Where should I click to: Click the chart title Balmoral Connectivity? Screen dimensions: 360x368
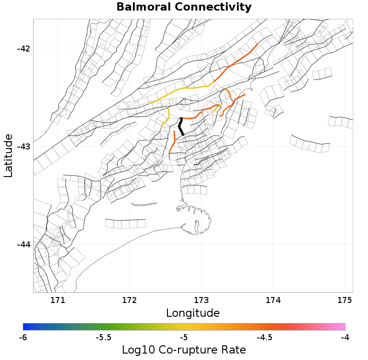(184, 7)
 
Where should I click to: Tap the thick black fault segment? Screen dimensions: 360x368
(181, 126)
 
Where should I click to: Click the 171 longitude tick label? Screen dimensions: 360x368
(57, 301)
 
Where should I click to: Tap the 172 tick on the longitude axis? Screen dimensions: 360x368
(129, 301)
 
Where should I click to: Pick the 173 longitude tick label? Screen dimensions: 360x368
(201, 301)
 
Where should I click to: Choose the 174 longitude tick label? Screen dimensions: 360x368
(273, 301)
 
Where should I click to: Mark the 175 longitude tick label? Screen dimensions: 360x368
(345, 301)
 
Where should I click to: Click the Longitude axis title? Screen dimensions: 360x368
(193, 314)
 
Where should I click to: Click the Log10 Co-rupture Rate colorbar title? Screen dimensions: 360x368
(184, 350)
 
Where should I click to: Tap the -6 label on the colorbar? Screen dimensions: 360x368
(23, 337)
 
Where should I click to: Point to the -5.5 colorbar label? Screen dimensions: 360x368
(103, 337)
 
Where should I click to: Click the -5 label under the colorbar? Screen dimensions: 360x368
(184, 337)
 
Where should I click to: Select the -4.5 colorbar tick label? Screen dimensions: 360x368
(264, 337)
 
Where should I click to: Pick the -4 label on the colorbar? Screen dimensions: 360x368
(345, 337)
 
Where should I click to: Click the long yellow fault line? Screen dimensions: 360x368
(184, 88)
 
